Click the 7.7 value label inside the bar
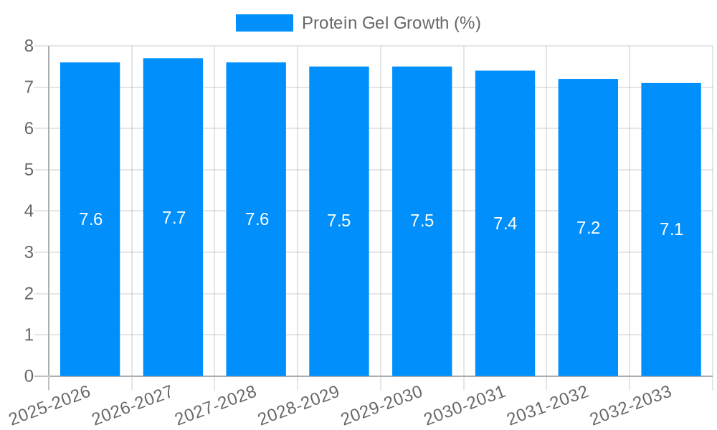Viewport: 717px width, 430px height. (174, 218)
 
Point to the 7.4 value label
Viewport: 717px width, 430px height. (505, 224)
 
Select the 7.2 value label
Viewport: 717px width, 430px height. (588, 228)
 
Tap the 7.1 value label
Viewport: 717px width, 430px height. (671, 229)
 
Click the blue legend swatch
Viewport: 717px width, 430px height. (264, 23)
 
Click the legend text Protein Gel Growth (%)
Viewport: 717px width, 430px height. (391, 23)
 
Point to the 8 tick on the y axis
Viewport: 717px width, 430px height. (29, 47)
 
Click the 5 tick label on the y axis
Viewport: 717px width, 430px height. (29, 170)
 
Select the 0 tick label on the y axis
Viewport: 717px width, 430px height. (29, 376)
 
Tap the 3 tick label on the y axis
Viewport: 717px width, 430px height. (29, 252)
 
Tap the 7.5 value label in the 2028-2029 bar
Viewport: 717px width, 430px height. (338, 221)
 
